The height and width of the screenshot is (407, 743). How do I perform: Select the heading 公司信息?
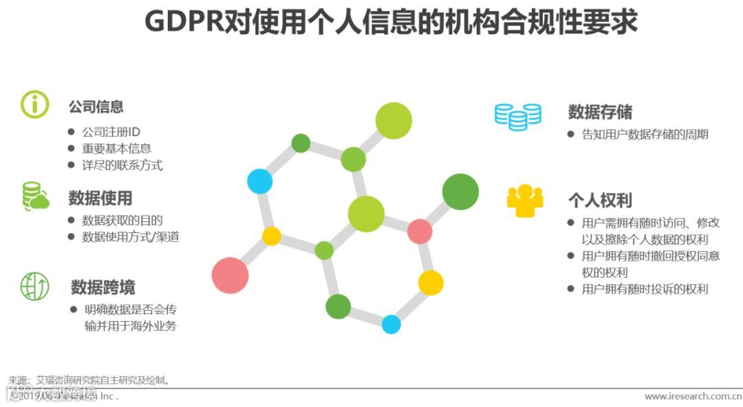[96, 107]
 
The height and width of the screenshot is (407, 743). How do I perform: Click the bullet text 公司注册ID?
[111, 131]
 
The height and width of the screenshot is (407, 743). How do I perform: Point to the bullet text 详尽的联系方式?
[122, 165]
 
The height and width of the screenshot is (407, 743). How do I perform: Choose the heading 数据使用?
[100, 199]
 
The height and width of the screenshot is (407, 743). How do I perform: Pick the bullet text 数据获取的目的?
[122, 221]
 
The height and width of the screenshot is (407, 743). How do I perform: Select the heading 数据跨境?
[103, 287]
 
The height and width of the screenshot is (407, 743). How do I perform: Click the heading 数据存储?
[600, 112]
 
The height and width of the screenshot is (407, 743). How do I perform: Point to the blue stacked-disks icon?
[517, 116]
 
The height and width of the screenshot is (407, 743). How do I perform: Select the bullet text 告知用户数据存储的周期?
[645, 135]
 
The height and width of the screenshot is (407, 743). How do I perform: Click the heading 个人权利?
[599, 200]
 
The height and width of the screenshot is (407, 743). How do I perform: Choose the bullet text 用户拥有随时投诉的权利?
[645, 289]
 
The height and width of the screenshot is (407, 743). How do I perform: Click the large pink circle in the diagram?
[230, 275]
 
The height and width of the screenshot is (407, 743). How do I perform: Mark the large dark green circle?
[460, 192]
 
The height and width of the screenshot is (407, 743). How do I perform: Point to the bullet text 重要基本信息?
[116, 148]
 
